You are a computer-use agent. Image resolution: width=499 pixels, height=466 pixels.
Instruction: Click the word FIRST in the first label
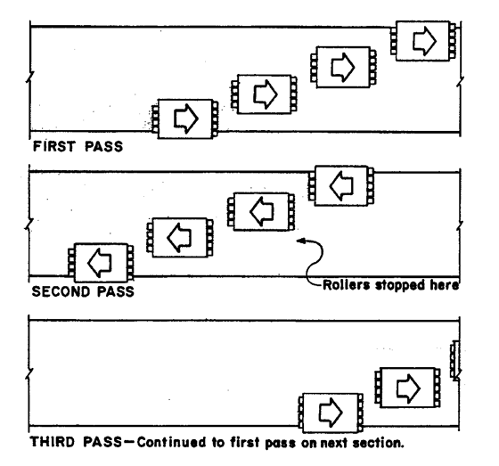pos(54,147)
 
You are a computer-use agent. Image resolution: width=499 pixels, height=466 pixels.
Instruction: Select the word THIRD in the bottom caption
pos(53,442)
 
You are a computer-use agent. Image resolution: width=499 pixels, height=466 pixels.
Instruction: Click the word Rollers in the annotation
pos(347,285)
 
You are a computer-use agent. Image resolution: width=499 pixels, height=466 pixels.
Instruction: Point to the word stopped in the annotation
pos(400,285)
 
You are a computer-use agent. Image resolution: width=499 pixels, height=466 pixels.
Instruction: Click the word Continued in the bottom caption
pos(171,443)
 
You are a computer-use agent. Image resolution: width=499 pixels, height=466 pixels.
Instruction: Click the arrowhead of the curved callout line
pos(299,241)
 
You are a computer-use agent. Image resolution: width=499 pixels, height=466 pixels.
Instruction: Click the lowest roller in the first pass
pos(185,119)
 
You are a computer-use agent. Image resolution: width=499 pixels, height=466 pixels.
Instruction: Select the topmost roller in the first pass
pos(423,41)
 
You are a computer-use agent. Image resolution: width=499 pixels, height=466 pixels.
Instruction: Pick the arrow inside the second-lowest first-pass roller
pos(266,94)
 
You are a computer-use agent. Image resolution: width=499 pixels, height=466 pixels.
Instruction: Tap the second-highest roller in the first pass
pos(343,67)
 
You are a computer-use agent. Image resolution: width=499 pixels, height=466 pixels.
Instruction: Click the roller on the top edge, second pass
pos(341,186)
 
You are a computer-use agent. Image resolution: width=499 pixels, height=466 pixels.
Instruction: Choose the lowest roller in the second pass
pos(101,263)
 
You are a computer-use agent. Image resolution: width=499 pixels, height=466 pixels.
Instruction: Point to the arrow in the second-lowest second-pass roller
pos(179,237)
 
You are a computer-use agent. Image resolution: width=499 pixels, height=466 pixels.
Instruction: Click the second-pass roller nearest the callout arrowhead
pos(261,212)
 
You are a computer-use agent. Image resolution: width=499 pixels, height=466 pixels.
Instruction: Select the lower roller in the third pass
pos(331,413)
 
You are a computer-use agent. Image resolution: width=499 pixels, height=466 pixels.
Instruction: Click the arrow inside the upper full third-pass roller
pos(409,388)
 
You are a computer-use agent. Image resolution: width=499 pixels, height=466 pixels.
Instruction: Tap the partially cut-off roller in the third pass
pos(454,360)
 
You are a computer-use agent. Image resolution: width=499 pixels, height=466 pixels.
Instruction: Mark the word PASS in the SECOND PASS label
pos(116,292)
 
